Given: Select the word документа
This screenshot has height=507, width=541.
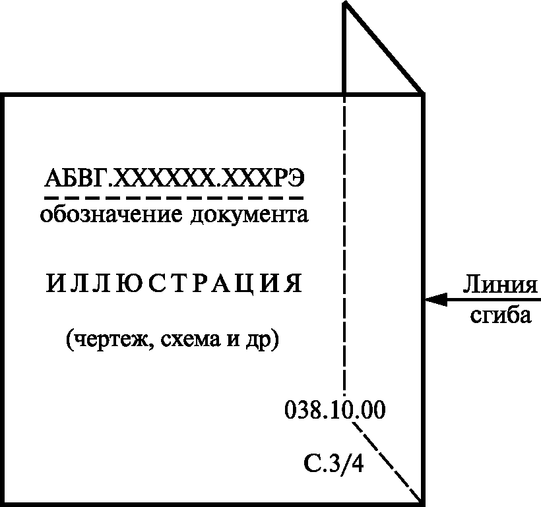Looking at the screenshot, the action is pyautogui.click(x=250, y=215).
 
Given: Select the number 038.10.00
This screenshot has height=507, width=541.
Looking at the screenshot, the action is pyautogui.click(x=334, y=410).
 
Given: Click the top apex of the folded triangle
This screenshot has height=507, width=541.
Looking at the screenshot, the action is pyautogui.click(x=344, y=3).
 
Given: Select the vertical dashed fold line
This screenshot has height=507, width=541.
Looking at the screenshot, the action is pyautogui.click(x=344, y=244).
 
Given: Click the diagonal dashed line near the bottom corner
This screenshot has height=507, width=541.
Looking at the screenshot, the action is pyautogui.click(x=389, y=462).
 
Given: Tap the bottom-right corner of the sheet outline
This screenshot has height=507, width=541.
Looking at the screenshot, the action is pyautogui.click(x=422, y=504).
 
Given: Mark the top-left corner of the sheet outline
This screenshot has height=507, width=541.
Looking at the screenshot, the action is pyautogui.click(x=4, y=96).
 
